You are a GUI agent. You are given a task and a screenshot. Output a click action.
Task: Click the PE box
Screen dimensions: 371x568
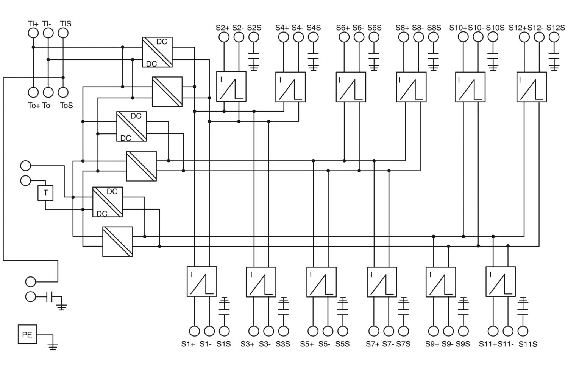(x=27, y=334)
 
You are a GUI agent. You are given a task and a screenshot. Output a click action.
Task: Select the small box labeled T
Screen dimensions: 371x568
(x=45, y=193)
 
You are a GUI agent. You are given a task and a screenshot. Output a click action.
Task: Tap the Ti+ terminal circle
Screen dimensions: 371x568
(x=33, y=33)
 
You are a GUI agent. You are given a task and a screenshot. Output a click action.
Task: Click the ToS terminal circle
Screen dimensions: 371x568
(x=63, y=92)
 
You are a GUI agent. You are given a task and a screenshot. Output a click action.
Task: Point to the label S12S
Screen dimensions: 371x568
(x=556, y=28)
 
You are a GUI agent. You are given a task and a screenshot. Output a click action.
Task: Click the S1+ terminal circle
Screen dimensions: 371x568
(x=194, y=331)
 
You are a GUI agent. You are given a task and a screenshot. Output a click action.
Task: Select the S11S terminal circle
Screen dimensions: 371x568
(x=523, y=331)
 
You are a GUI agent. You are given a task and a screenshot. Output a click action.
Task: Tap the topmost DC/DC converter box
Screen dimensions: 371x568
(x=157, y=52)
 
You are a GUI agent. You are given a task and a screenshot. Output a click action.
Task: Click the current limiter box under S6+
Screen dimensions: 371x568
(x=351, y=87)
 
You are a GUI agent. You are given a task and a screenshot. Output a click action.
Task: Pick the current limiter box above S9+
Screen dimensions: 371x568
(x=441, y=282)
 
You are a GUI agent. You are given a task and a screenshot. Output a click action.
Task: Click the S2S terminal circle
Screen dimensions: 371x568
(x=254, y=37)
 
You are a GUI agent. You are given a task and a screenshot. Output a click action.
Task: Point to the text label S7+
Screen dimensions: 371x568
(x=373, y=344)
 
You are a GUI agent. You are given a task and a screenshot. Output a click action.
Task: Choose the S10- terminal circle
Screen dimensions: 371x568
(x=478, y=37)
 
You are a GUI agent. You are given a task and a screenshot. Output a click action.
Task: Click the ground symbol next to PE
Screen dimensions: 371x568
(x=53, y=345)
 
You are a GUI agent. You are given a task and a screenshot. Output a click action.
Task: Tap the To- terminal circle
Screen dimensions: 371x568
(x=48, y=92)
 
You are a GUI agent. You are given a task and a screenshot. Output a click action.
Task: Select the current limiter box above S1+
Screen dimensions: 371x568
(x=202, y=282)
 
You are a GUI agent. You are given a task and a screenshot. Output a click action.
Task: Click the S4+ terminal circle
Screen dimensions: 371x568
(x=283, y=37)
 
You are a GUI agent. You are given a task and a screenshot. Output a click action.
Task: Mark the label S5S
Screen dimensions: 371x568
(x=342, y=344)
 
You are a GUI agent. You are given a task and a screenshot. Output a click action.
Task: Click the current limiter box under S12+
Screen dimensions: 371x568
(x=532, y=87)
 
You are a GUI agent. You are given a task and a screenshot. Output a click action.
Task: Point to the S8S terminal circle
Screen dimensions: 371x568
(x=433, y=37)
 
